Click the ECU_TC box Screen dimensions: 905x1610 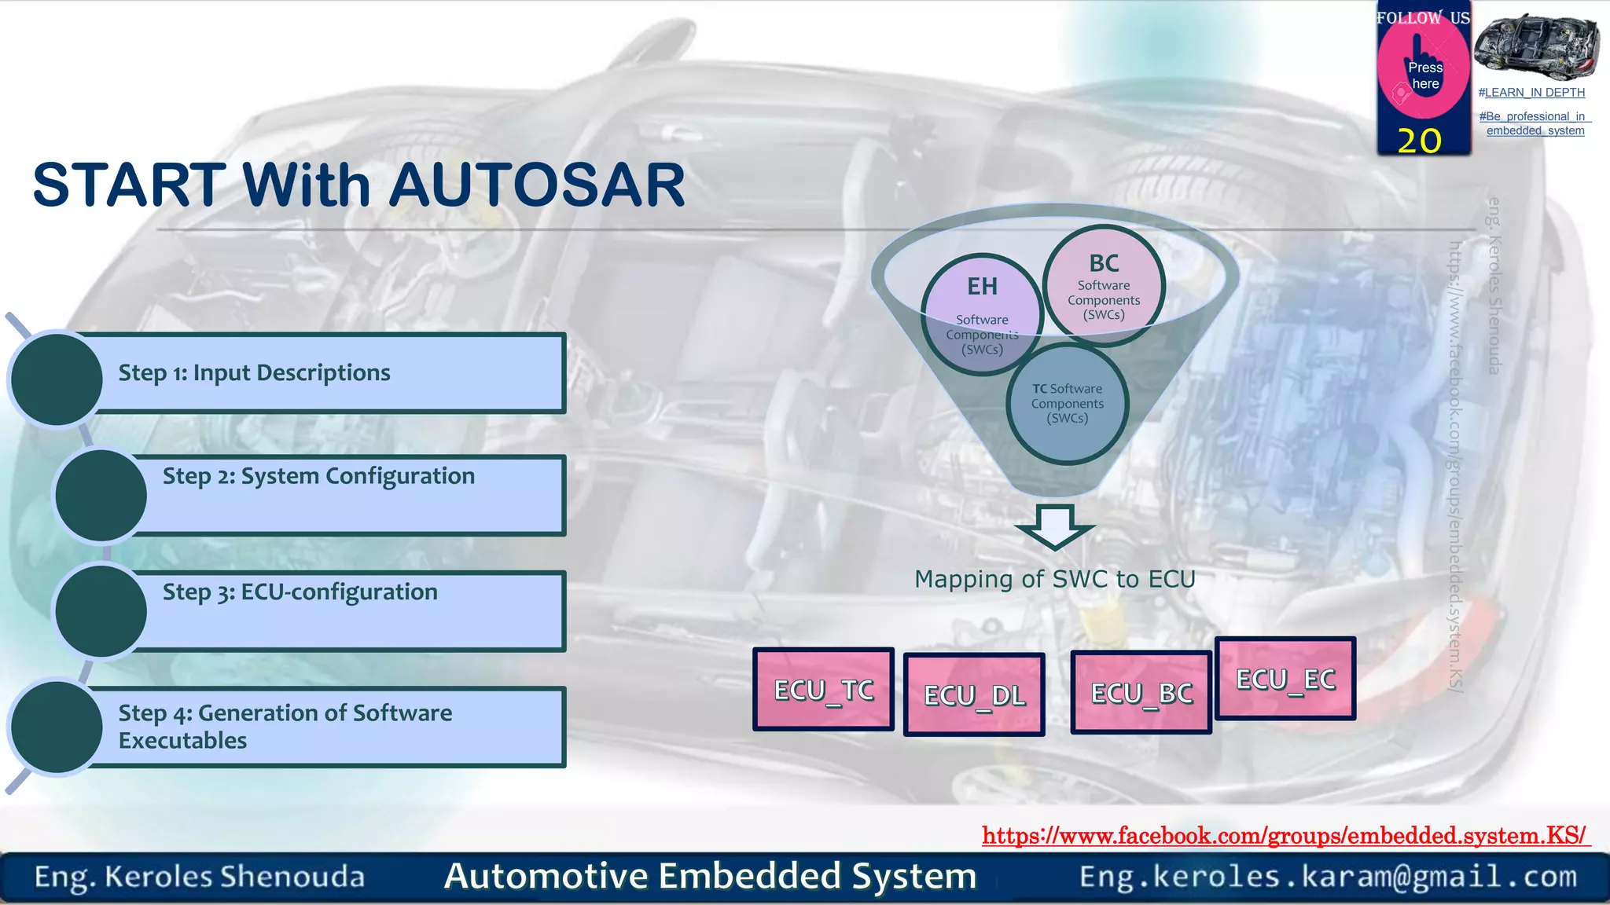point(823,690)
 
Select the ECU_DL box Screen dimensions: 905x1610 point(974,694)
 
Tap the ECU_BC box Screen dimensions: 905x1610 point(1141,693)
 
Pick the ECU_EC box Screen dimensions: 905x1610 point(1285,679)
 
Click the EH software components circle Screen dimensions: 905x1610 point(982,315)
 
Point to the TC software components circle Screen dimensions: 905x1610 point(1067,403)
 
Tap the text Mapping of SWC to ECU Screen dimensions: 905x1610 point(1054,579)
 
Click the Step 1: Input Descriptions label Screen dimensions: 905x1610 point(254,372)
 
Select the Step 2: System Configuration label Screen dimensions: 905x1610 point(318,476)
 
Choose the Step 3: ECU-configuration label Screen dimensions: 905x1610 point(300,592)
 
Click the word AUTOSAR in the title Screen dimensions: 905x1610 point(537,185)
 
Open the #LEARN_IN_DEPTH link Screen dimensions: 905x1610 point(1531,93)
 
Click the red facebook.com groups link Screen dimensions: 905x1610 point(1285,835)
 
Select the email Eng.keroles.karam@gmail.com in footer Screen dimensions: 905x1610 point(1328,876)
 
